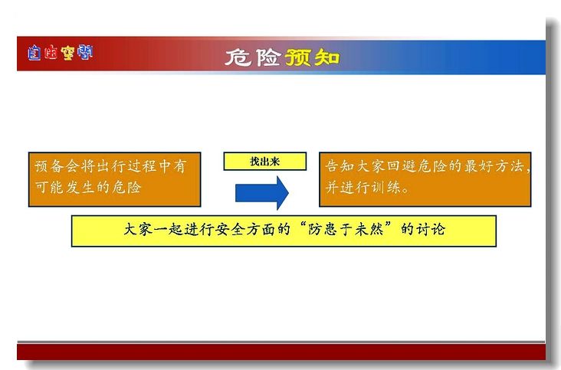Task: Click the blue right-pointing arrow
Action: [x=262, y=193]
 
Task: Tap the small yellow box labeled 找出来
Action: [x=264, y=162]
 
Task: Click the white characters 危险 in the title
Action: [x=253, y=57]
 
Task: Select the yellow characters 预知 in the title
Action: [x=312, y=57]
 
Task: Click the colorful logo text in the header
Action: [x=60, y=53]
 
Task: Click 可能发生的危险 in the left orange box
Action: [x=88, y=188]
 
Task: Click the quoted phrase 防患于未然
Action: [x=346, y=229]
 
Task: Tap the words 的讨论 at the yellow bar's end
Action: [x=423, y=229]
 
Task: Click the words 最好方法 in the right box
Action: [x=494, y=166]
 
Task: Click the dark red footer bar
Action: [x=281, y=352]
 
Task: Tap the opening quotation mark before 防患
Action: [x=303, y=225]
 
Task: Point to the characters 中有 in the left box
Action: [x=172, y=166]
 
